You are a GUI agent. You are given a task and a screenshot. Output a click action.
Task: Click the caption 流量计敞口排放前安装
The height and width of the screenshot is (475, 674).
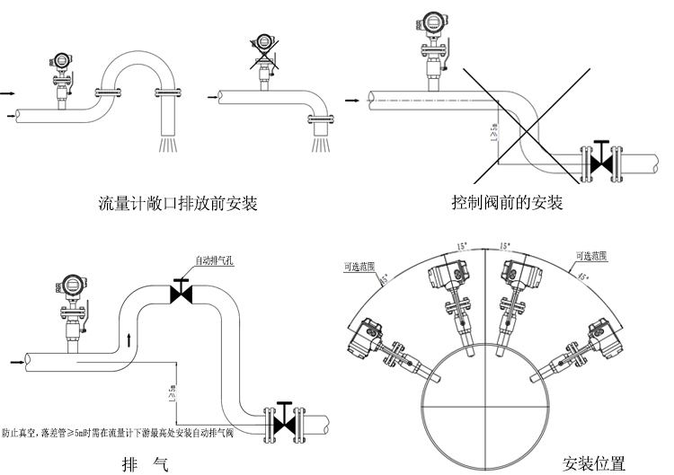point(178,204)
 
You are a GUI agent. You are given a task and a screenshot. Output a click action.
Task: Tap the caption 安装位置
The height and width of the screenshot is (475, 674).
point(593,464)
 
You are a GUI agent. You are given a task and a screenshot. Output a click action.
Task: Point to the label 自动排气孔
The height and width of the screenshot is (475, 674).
point(216,261)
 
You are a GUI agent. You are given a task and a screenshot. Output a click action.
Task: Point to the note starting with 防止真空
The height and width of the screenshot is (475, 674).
point(118,433)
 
